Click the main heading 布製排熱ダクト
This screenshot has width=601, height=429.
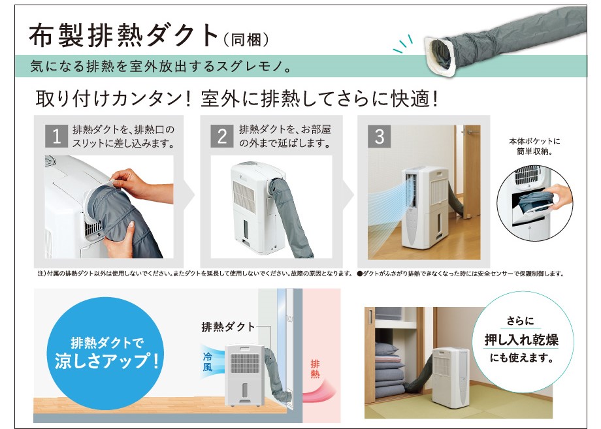coord(124,36)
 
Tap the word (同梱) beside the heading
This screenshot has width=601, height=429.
coord(246,39)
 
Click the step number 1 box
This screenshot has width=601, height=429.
coord(56,136)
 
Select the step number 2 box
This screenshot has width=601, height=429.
coord(222,136)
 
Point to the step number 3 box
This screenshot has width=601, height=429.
coord(379,136)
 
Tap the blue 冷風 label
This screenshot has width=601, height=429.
coord(207,362)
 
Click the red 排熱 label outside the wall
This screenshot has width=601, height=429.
coord(315,369)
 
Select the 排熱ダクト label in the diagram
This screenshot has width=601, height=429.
coord(228,326)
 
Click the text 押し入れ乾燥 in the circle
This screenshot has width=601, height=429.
coord(521,340)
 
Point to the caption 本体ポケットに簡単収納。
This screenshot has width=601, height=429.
coord(534,146)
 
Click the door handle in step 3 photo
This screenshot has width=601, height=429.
coord(470,131)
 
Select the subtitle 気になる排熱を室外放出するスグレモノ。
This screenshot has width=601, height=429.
coord(161,66)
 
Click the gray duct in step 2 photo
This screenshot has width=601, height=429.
coord(290,214)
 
